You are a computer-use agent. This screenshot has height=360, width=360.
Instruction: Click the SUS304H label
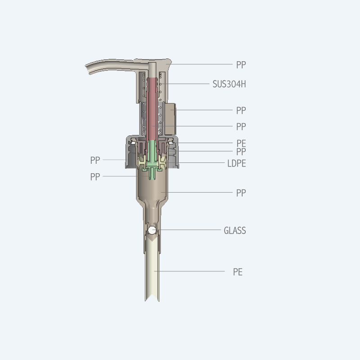[x=229, y=84]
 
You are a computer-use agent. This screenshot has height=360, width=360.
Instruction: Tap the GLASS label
[x=234, y=230]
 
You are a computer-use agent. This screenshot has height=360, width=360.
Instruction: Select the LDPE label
[x=237, y=163]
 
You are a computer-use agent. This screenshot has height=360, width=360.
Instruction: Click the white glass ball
[x=152, y=230]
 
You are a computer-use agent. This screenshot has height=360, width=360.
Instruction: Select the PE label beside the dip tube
[x=238, y=272]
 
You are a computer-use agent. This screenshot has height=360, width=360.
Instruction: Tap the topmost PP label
[x=241, y=65]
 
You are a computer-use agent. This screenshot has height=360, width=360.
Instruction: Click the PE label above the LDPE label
[x=241, y=143]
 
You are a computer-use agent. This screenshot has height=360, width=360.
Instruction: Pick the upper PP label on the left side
[x=95, y=160]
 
